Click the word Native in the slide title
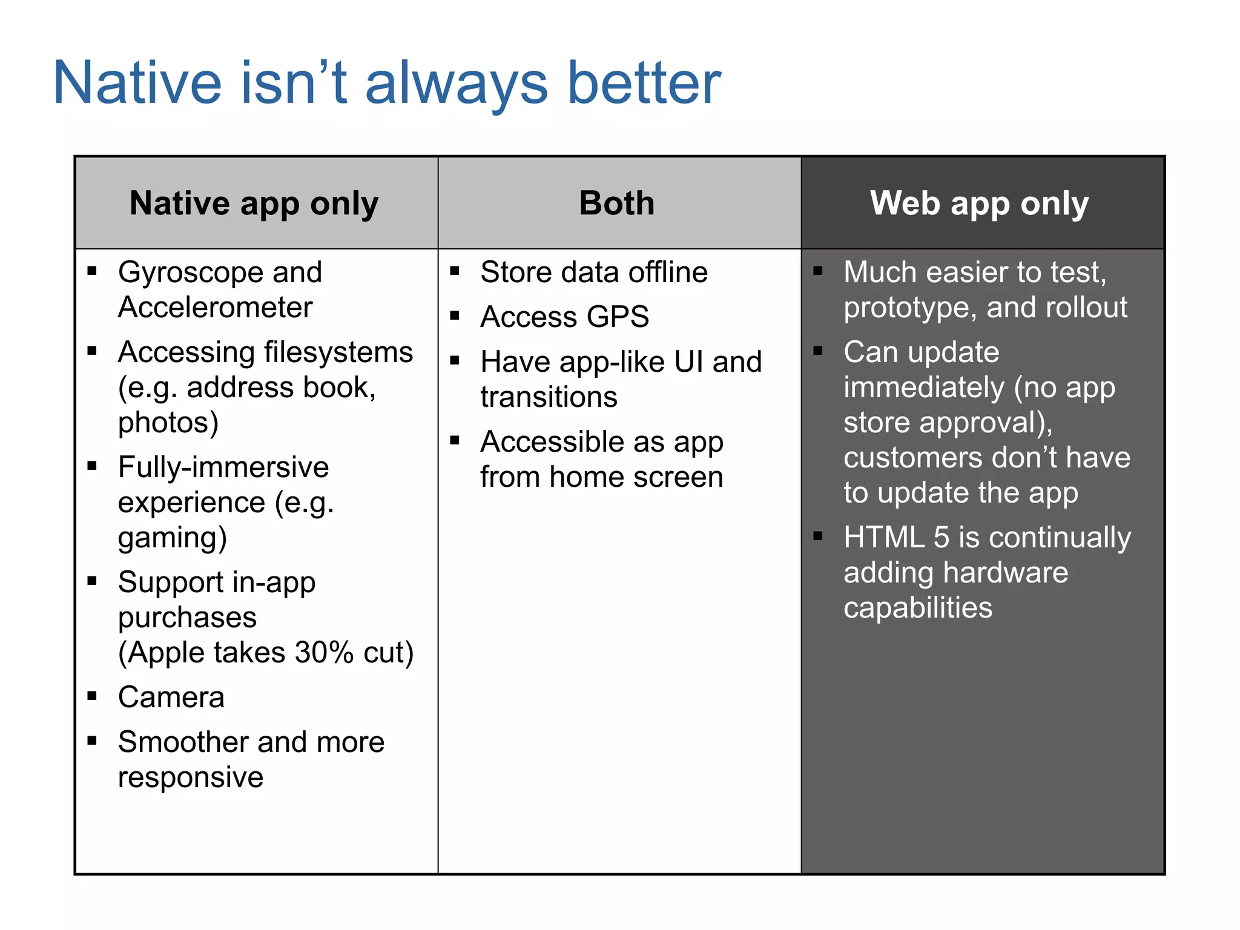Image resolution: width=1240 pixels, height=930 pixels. click(138, 83)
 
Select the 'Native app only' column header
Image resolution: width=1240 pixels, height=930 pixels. click(254, 203)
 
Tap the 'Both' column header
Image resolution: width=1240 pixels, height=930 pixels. click(616, 203)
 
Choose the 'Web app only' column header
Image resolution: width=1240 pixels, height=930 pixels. click(979, 203)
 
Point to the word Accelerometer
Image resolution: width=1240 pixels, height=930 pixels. click(215, 308)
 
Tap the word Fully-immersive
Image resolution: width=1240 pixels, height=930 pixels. click(223, 467)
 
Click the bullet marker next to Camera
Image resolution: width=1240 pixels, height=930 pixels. click(92, 696)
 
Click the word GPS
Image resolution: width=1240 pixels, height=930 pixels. click(618, 317)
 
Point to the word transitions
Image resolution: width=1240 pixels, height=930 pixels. click(549, 397)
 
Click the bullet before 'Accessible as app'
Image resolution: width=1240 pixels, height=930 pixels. click(455, 441)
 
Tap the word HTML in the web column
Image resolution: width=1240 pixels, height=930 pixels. click(884, 537)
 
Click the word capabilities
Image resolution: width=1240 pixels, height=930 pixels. click(918, 608)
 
